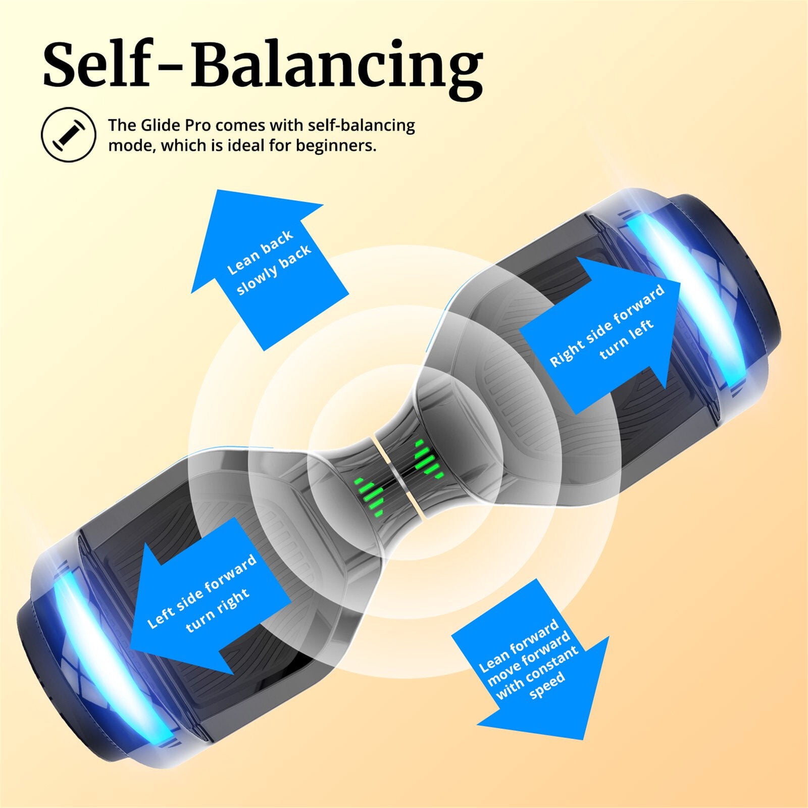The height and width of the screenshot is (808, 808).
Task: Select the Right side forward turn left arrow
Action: tap(601, 336)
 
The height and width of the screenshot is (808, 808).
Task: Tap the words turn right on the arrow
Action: tap(218, 610)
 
